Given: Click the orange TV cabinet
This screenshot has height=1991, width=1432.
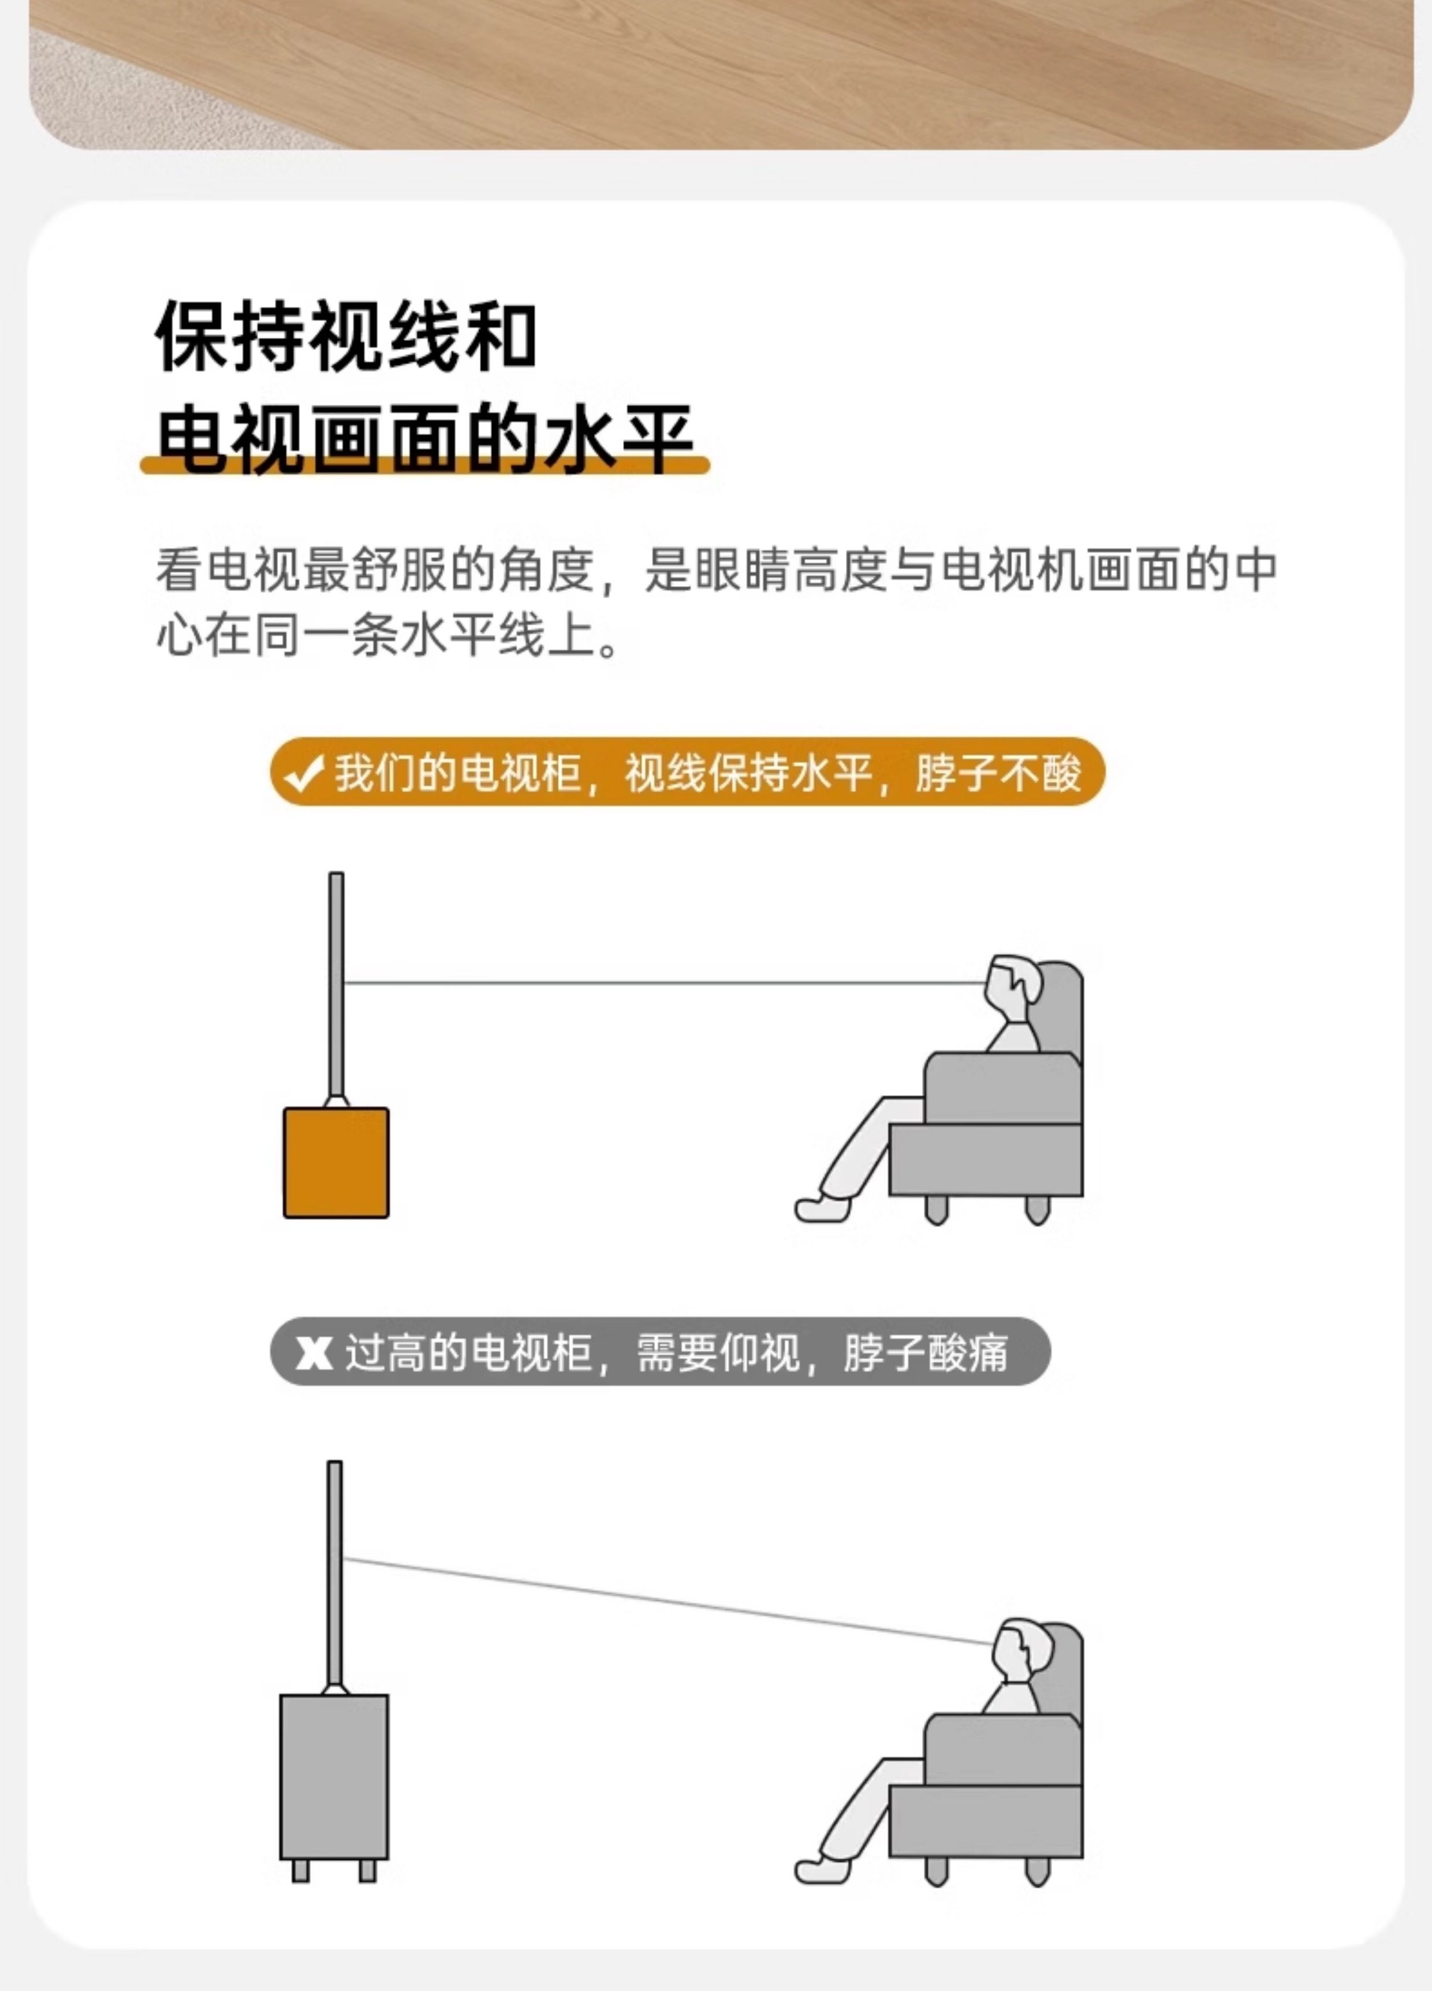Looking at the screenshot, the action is pos(336,1162).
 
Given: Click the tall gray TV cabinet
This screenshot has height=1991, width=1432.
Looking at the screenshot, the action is pos(334,1777).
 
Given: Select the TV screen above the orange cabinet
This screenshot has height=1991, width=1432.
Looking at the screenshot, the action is pos(336,983).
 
